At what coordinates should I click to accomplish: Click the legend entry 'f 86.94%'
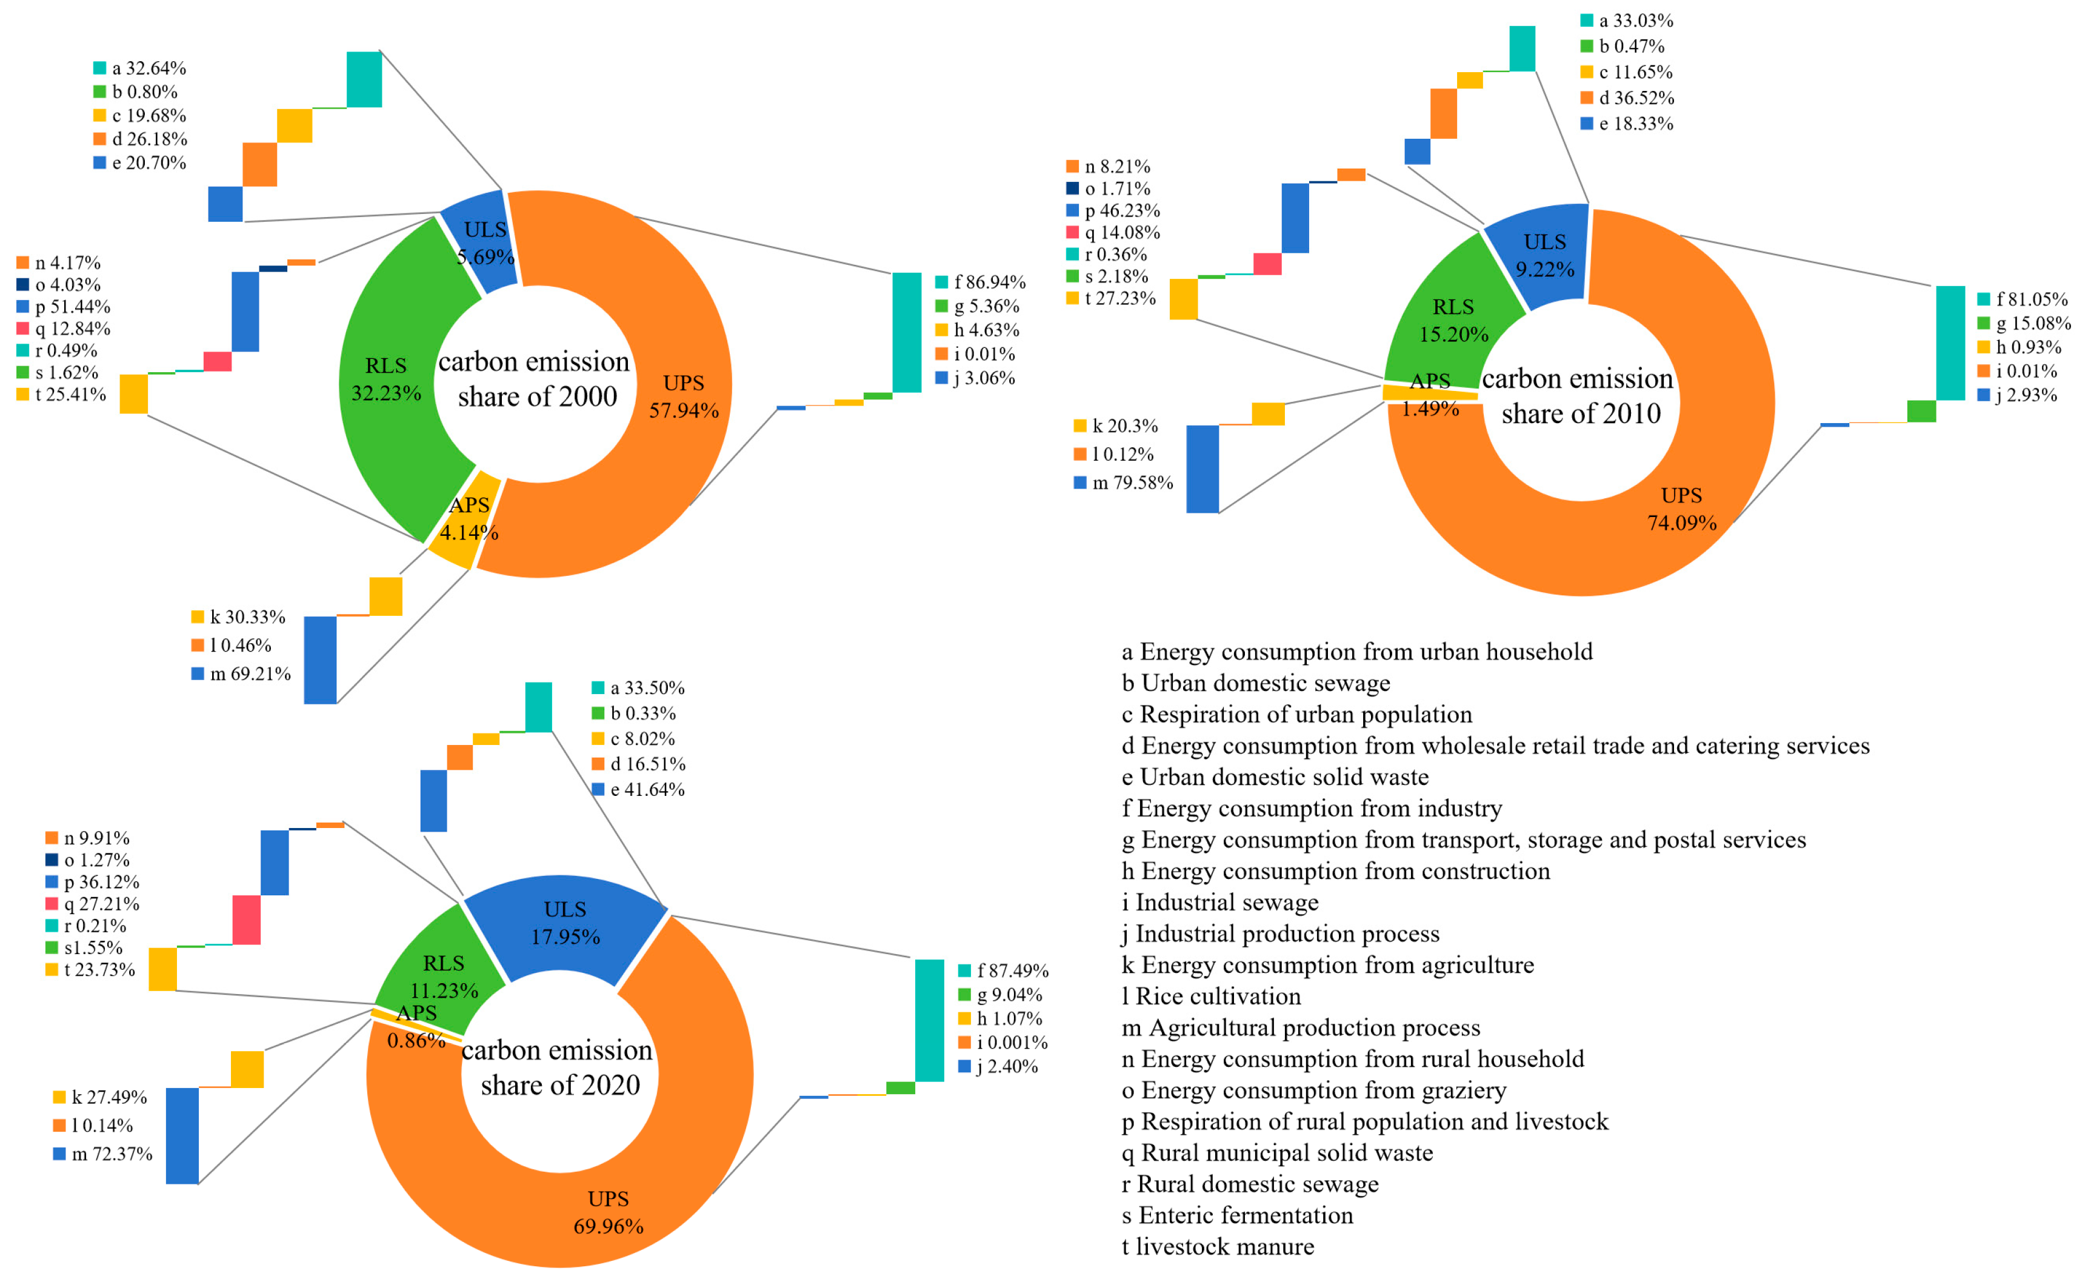pyautogui.click(x=981, y=282)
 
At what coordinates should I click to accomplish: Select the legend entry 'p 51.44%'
pyautogui.click(x=64, y=307)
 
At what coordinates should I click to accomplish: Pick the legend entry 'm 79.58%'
pyautogui.click(x=1124, y=483)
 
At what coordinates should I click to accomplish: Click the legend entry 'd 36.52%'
pyautogui.click(x=1627, y=98)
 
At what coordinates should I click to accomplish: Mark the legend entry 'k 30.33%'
pyautogui.click(x=239, y=617)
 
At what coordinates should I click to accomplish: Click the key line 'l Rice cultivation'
pyautogui.click(x=1211, y=996)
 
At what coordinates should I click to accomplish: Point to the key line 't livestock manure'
pyautogui.click(x=1218, y=1247)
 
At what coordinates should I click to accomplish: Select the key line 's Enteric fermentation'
pyautogui.click(x=1237, y=1215)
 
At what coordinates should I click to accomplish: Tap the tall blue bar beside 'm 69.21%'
pyautogui.click(x=320, y=660)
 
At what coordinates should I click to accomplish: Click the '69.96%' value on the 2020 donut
pyautogui.click(x=609, y=1226)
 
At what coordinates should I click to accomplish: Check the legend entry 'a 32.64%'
pyautogui.click(x=140, y=68)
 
